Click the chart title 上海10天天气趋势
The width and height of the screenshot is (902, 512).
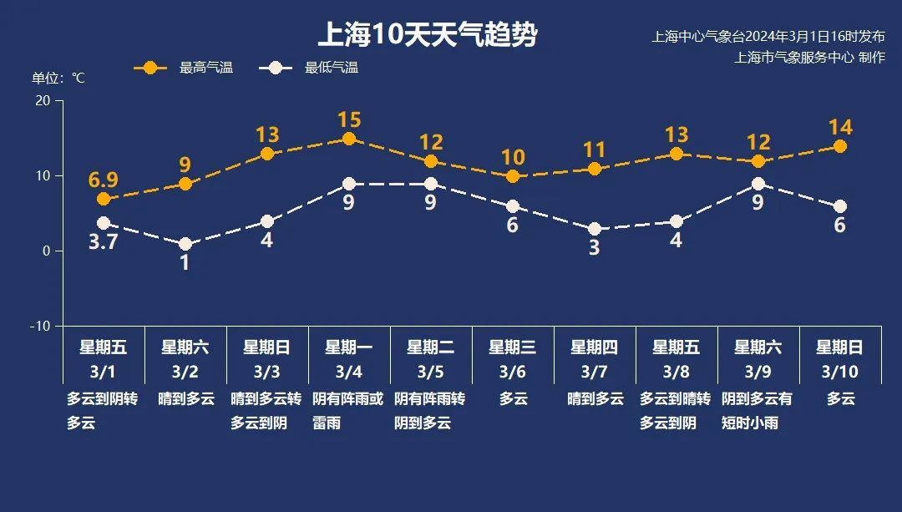coord(427,35)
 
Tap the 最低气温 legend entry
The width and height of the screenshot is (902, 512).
coord(308,68)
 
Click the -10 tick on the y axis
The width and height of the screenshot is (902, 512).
coord(39,326)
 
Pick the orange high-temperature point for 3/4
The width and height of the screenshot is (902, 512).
coord(349,139)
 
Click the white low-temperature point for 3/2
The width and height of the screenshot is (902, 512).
coord(185,244)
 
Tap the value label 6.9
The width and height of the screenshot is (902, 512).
coord(104,180)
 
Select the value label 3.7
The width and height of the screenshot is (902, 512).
coord(104,243)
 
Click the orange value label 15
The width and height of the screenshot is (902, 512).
coord(349,120)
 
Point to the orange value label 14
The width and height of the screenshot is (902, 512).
coord(840,127)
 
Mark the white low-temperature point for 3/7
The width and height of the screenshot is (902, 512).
coord(595,229)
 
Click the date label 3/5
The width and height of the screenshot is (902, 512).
coord(431,371)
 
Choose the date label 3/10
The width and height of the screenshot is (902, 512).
coord(840,371)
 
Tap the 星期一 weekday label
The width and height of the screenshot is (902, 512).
coord(349,347)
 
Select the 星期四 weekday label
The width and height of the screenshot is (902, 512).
coord(595,347)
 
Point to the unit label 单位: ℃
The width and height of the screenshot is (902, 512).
coord(58,78)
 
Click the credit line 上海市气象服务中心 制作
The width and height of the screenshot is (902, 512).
coord(809,58)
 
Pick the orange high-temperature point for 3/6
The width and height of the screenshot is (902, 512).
coord(513,176)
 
